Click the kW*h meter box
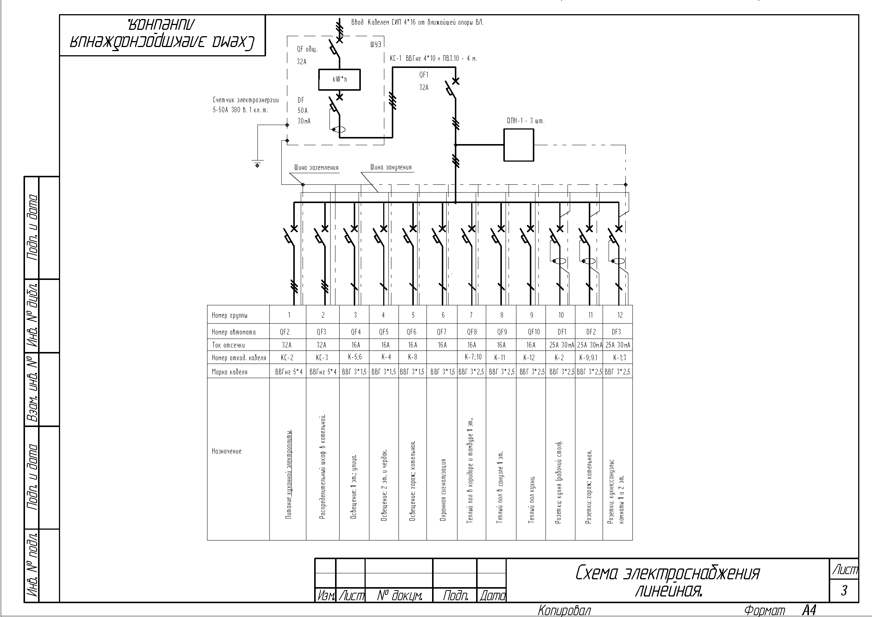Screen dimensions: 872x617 pyautogui.click(x=339, y=80)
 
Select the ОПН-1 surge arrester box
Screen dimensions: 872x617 pyautogui.click(x=519, y=145)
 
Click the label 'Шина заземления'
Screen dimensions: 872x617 pyautogui.click(x=316, y=168)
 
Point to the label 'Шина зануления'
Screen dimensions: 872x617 pyautogui.click(x=391, y=167)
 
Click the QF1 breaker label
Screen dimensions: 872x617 pyautogui.click(x=424, y=75)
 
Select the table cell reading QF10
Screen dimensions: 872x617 pyautogui.click(x=534, y=332)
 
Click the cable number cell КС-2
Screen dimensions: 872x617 pyautogui.click(x=287, y=358)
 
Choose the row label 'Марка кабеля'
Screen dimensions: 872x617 pyautogui.click(x=229, y=372)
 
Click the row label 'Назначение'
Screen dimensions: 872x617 pyautogui.click(x=226, y=451)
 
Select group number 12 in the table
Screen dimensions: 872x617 pyautogui.click(x=620, y=315)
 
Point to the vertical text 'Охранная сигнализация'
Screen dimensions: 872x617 pyautogui.click(x=443, y=490)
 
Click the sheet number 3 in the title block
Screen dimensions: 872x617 pyautogui.click(x=844, y=590)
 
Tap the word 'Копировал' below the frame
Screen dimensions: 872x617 pyautogui.click(x=565, y=611)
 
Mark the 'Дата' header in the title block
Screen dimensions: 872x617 pyautogui.click(x=492, y=596)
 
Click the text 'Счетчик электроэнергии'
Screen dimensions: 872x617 pyautogui.click(x=246, y=100)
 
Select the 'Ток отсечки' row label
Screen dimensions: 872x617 pyautogui.click(x=228, y=345)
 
